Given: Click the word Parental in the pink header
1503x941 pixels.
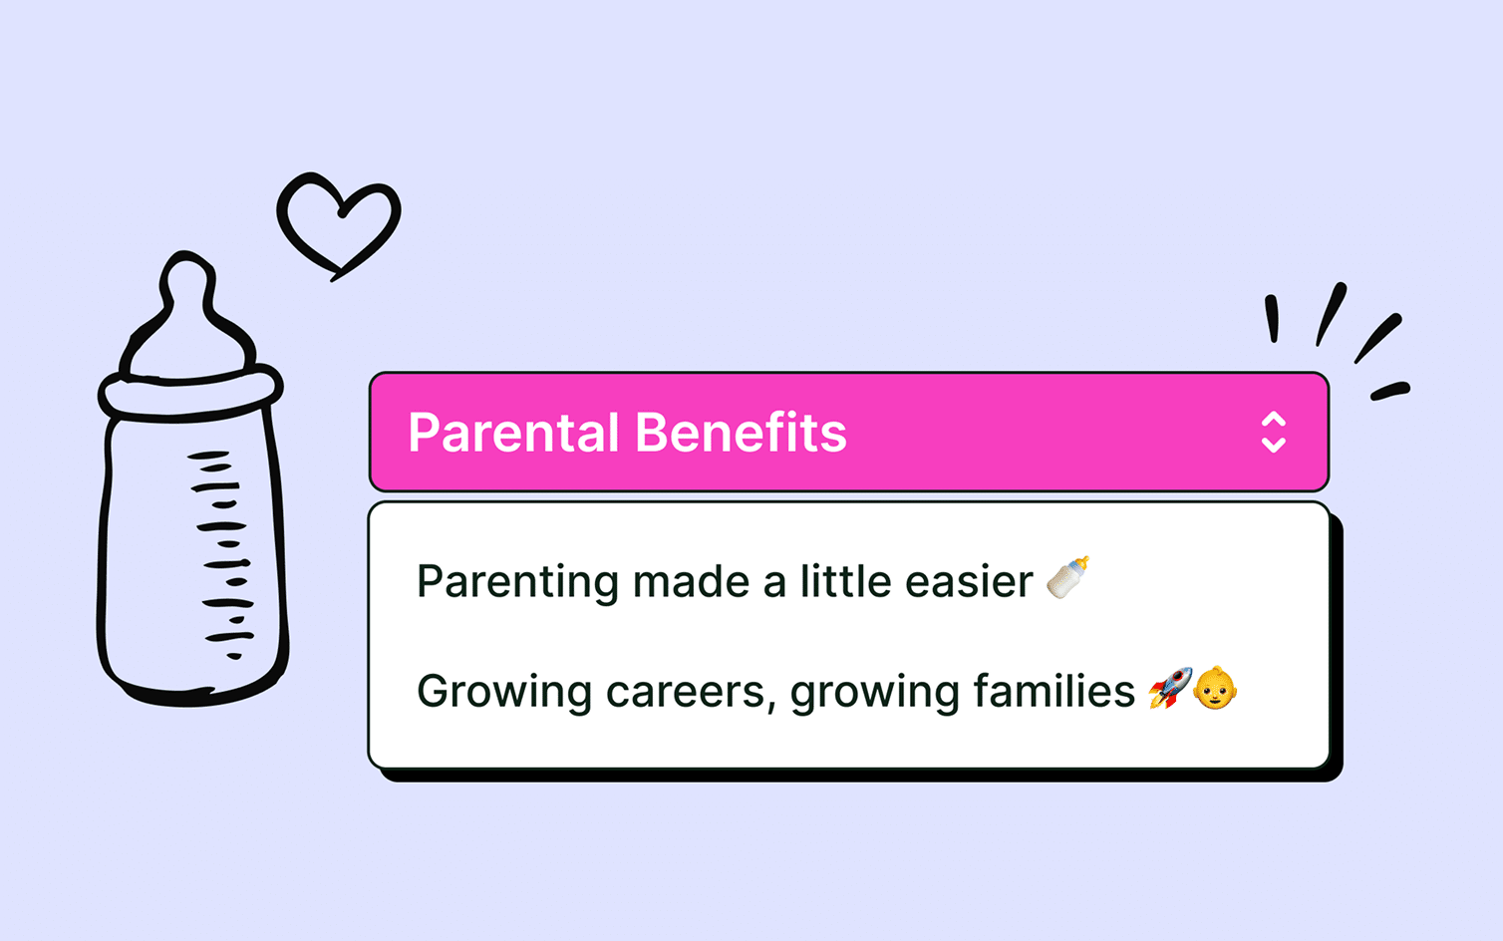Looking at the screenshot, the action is tap(513, 433).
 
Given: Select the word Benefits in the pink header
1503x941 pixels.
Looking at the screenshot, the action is tap(741, 433).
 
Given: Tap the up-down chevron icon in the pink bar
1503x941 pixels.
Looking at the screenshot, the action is tap(1273, 433).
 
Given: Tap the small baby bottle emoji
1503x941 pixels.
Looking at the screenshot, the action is tap(1067, 577).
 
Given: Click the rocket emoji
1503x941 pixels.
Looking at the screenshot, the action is tap(1169, 687).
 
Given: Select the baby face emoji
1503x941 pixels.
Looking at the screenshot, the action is tap(1215, 687).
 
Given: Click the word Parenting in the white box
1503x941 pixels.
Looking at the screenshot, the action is tap(517, 582).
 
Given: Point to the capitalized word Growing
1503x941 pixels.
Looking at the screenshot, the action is tap(504, 693).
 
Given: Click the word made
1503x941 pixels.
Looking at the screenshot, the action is tap(691, 580).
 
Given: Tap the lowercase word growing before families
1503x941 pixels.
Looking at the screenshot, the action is tap(875, 693).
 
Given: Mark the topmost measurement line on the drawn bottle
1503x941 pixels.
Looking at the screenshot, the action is tap(208, 456).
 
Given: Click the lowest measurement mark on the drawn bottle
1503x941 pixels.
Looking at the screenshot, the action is tap(233, 656).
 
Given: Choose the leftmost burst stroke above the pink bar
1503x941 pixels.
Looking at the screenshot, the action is tap(1271, 319).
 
